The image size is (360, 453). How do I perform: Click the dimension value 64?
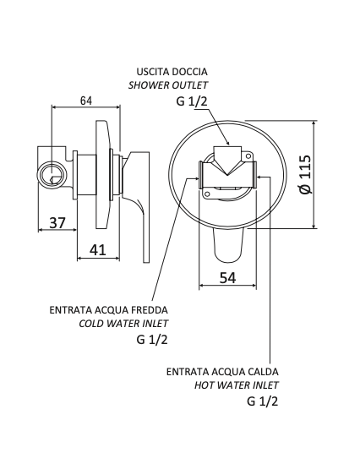(x=86, y=101)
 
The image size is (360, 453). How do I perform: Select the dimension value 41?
(x=98, y=249)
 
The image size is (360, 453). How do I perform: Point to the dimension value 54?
(x=227, y=278)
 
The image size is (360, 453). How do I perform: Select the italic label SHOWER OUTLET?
(x=167, y=85)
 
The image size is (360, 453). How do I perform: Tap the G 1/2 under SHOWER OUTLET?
(x=192, y=102)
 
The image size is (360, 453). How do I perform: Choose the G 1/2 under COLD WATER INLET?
(x=152, y=341)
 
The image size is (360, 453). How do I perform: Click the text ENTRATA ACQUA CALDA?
(x=222, y=371)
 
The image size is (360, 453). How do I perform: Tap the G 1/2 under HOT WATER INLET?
(x=263, y=402)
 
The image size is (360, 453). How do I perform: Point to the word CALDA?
(x=261, y=371)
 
